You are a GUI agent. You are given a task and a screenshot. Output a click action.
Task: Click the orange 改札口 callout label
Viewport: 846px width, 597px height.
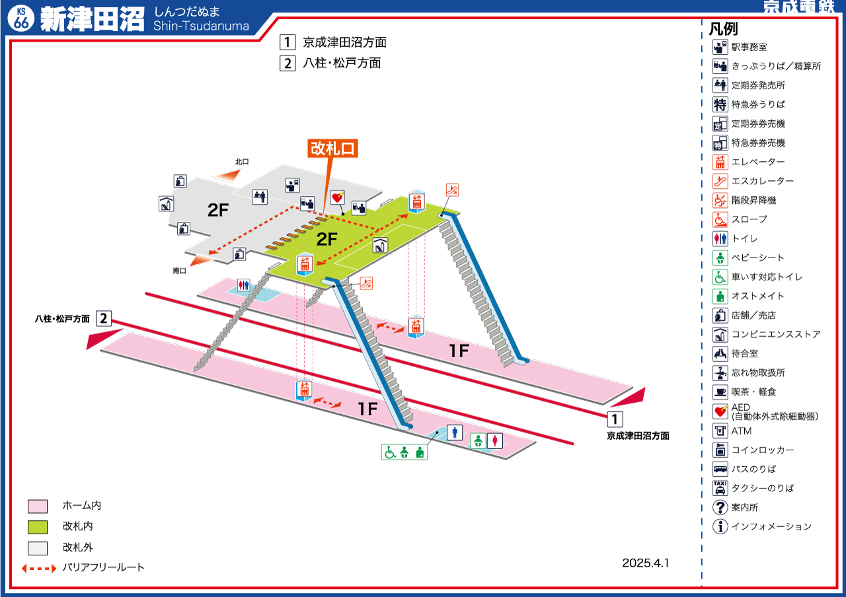point(333,149)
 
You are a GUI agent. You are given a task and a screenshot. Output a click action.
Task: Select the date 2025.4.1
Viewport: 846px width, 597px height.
point(645,563)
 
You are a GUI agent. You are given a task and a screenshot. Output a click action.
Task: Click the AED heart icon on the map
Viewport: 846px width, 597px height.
point(338,197)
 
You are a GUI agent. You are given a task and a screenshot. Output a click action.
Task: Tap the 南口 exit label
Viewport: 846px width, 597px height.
point(180,270)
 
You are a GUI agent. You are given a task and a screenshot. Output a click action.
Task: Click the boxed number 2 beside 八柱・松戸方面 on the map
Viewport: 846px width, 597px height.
point(103,318)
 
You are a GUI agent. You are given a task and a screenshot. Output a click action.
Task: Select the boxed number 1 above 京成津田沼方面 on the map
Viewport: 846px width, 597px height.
point(615,419)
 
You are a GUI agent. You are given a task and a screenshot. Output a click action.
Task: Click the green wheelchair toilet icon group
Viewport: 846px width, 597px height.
point(404,452)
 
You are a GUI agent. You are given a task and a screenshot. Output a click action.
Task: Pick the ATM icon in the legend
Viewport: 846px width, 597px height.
point(720,431)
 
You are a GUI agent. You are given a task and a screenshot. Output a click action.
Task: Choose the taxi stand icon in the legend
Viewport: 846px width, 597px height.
point(720,488)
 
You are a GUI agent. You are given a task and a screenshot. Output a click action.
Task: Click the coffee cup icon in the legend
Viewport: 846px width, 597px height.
point(720,392)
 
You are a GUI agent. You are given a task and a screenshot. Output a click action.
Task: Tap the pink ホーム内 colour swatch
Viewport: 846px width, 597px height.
point(38,507)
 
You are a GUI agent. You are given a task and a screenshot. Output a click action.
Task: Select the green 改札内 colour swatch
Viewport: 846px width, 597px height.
point(38,527)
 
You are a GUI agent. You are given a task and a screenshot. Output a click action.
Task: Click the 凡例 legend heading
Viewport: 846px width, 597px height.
point(723,29)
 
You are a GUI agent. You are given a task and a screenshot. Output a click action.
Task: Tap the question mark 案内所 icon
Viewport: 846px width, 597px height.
point(720,508)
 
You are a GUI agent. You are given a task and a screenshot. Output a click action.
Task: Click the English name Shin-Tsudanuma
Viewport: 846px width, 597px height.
point(201,26)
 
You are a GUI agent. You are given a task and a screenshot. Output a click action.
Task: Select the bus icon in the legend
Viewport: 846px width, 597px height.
point(720,469)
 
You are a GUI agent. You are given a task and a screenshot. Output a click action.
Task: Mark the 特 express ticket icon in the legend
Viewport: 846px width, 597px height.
point(720,104)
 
